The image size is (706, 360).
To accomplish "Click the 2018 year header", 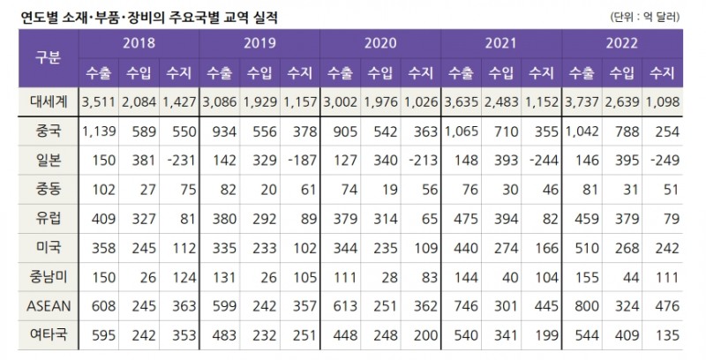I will [139, 42].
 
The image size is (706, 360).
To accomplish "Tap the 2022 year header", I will [621, 42].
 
